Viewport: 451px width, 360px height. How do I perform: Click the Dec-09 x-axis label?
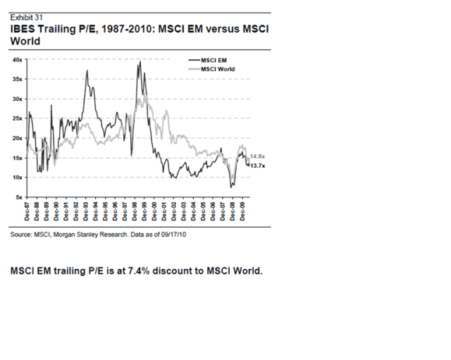coord(244,211)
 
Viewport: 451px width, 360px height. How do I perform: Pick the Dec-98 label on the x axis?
coord(136,211)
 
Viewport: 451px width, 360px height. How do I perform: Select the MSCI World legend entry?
coord(216,69)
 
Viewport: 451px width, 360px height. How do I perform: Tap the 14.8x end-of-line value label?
coord(257,156)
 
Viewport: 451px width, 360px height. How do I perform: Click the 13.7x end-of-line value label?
coord(257,165)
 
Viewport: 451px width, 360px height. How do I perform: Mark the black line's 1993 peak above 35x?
coord(87,71)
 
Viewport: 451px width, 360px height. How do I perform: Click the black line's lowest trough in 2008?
coord(230,187)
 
